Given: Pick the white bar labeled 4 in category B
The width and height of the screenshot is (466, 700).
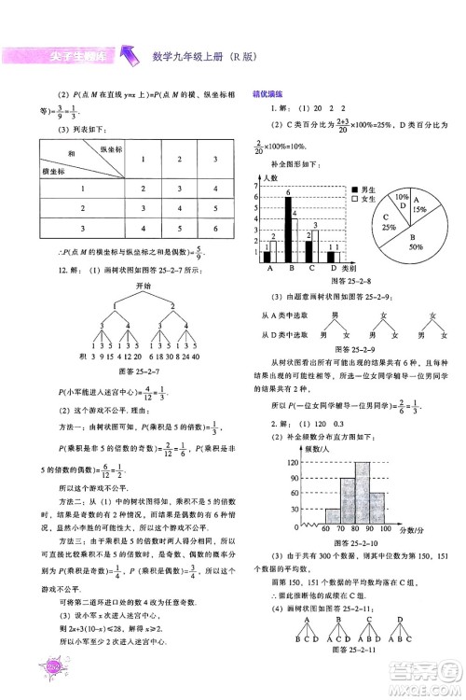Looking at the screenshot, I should (x=295, y=240).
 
